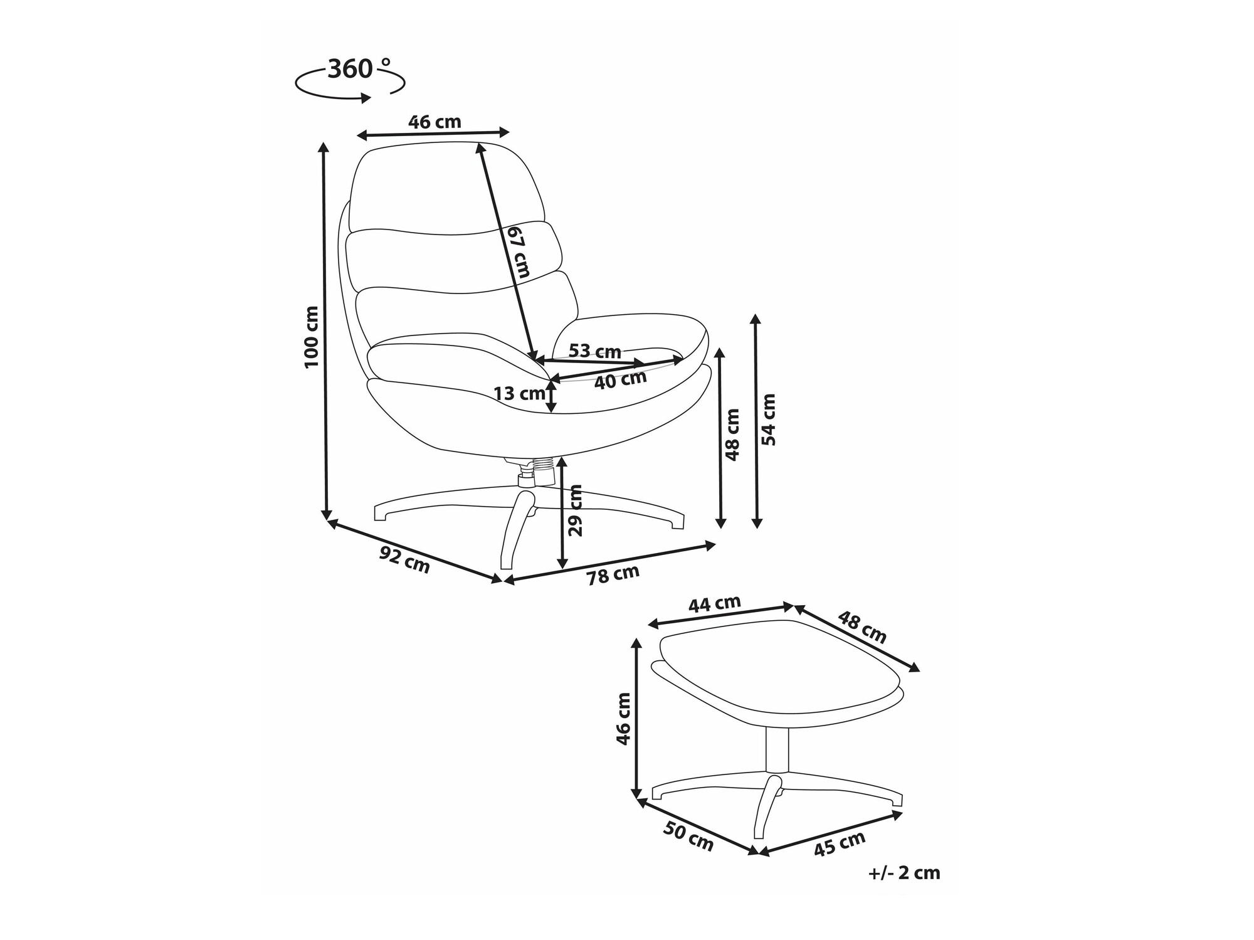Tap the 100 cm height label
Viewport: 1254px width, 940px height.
(x=312, y=337)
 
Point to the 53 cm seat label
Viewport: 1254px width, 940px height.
(x=594, y=351)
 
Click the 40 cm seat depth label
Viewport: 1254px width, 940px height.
(x=620, y=379)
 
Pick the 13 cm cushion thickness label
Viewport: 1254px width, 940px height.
(x=519, y=394)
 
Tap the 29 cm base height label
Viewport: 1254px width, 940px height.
(x=575, y=510)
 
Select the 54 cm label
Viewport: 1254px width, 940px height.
(x=768, y=420)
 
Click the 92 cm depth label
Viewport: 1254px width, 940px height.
(x=405, y=559)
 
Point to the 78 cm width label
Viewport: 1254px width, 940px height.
(x=613, y=574)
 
